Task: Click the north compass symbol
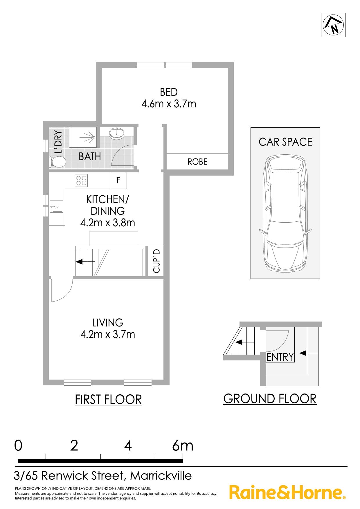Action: tap(333, 25)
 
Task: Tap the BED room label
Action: tap(169, 92)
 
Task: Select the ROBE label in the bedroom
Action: tap(197, 162)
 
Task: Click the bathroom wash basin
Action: tap(117, 133)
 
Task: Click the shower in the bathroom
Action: tap(83, 137)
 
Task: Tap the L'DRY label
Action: tap(59, 142)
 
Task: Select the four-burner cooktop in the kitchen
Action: tap(81, 180)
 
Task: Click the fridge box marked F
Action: tap(118, 181)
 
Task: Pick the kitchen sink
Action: tap(57, 207)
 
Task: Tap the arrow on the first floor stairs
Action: tap(85, 262)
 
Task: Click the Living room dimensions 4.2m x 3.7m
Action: tap(108, 335)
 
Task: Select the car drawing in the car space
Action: tap(285, 214)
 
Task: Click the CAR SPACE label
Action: tap(285, 142)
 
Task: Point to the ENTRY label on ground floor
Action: tap(280, 357)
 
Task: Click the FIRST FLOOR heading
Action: tap(108, 400)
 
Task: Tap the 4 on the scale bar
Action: tap(128, 445)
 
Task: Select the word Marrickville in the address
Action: tap(161, 476)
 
